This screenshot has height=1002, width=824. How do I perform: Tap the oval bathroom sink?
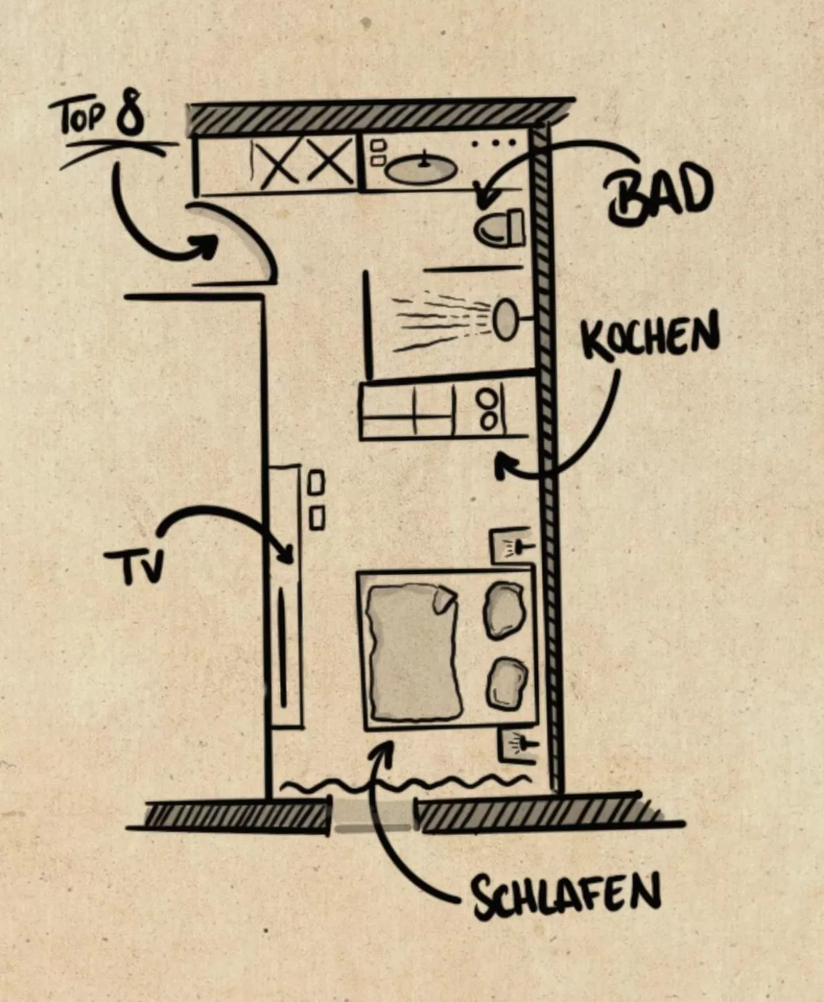click(x=420, y=170)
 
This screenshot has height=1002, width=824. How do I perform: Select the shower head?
click(x=506, y=320)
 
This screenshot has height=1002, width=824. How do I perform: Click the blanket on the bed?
click(x=412, y=652)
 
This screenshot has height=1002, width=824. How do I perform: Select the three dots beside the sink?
click(x=495, y=142)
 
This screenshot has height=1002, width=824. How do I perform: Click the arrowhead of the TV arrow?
click(x=287, y=556)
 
